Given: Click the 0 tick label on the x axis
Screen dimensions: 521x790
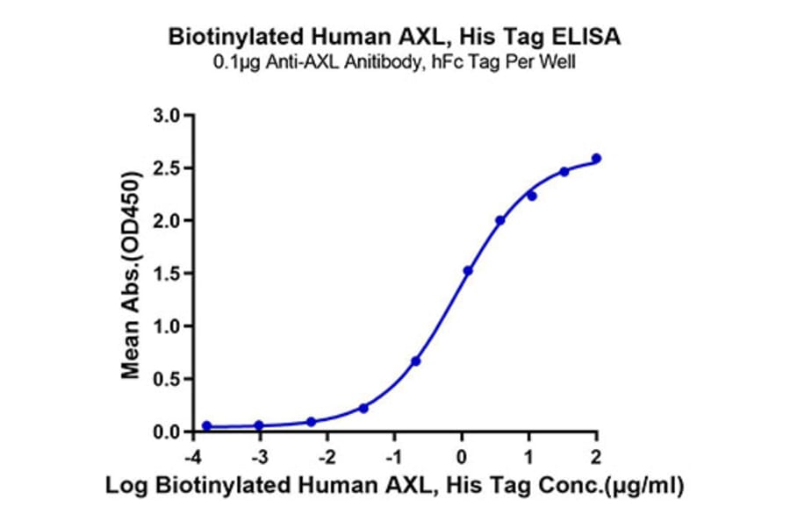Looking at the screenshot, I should tap(462, 456).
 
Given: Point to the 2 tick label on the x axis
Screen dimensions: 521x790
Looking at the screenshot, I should tap(597, 456).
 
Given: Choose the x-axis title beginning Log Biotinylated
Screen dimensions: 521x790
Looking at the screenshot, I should tap(394, 485).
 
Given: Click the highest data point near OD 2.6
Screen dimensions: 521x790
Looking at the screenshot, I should tap(597, 159).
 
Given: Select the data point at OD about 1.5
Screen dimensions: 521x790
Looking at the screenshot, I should tap(468, 270).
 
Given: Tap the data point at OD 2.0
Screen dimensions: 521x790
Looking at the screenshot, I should tap(500, 220).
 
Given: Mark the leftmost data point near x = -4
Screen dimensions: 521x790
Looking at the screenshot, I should tap(206, 426).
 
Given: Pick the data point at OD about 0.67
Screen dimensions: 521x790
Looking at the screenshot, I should tap(416, 360).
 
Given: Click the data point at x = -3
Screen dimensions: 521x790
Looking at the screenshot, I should tap(259, 425).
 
